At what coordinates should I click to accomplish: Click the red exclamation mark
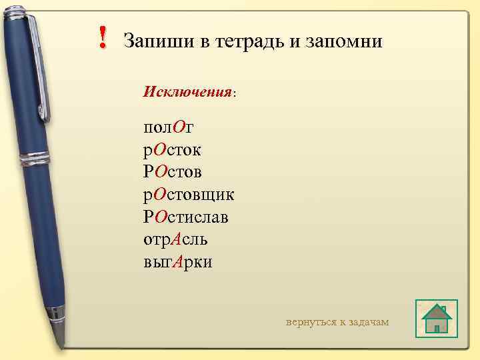(x=102, y=37)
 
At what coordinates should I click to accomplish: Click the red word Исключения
(x=187, y=91)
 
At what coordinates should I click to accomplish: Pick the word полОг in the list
(x=168, y=127)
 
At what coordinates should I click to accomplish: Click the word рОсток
(x=172, y=149)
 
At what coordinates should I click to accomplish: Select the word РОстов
(x=173, y=172)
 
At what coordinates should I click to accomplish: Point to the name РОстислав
(x=190, y=217)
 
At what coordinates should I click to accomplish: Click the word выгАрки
(x=177, y=261)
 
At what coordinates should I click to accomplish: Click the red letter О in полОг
(x=178, y=127)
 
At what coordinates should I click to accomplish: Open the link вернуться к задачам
(x=337, y=322)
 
